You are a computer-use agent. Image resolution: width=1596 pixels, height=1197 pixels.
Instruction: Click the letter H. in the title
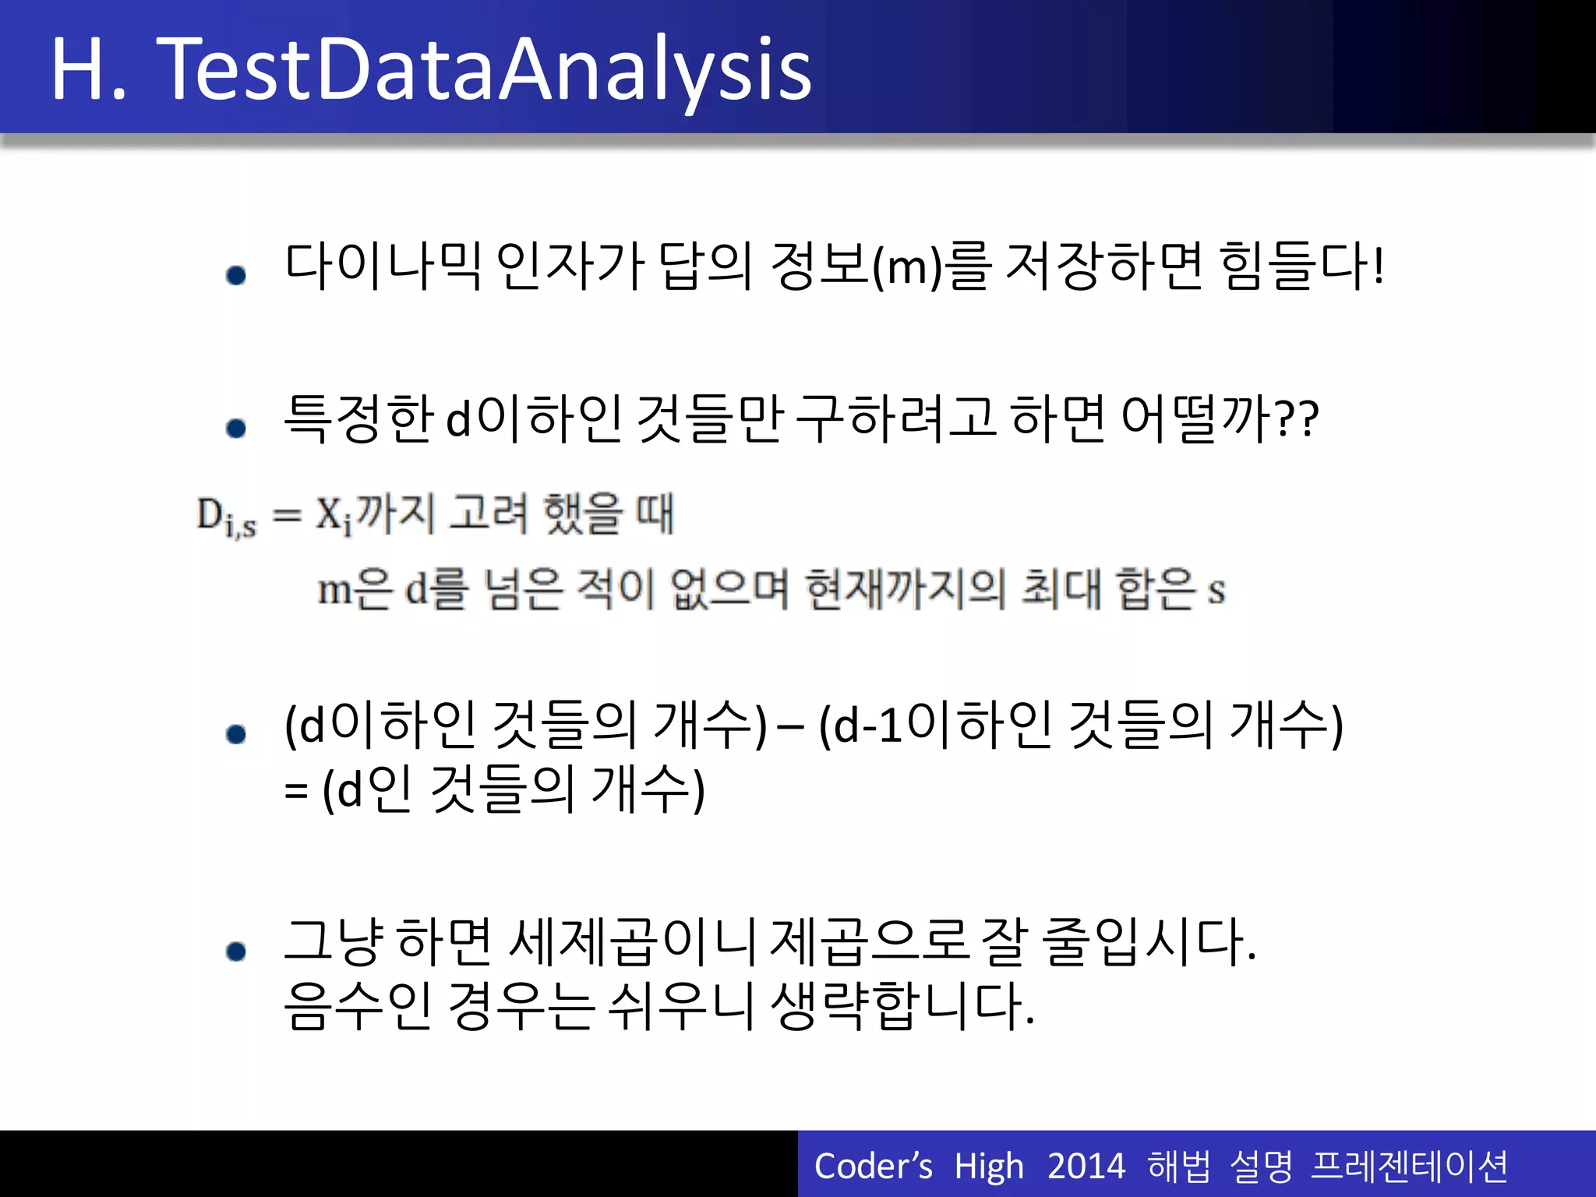pos(89,70)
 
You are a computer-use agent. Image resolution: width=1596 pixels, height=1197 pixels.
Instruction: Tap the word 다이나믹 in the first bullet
pos(383,267)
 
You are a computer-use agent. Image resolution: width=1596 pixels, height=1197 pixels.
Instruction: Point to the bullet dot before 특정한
pos(236,428)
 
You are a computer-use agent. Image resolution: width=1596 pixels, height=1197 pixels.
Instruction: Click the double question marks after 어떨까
pos(1298,421)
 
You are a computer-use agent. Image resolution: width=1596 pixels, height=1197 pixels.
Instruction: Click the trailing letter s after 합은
pos(1216,591)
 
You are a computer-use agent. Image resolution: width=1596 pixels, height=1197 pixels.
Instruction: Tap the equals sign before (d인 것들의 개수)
pos(295,792)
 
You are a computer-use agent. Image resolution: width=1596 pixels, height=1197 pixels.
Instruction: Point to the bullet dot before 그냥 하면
pos(236,951)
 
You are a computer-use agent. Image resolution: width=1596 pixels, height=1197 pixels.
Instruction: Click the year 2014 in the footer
pos(1086,1167)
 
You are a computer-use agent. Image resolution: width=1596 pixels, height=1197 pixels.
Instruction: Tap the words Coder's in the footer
pos(873,1167)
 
